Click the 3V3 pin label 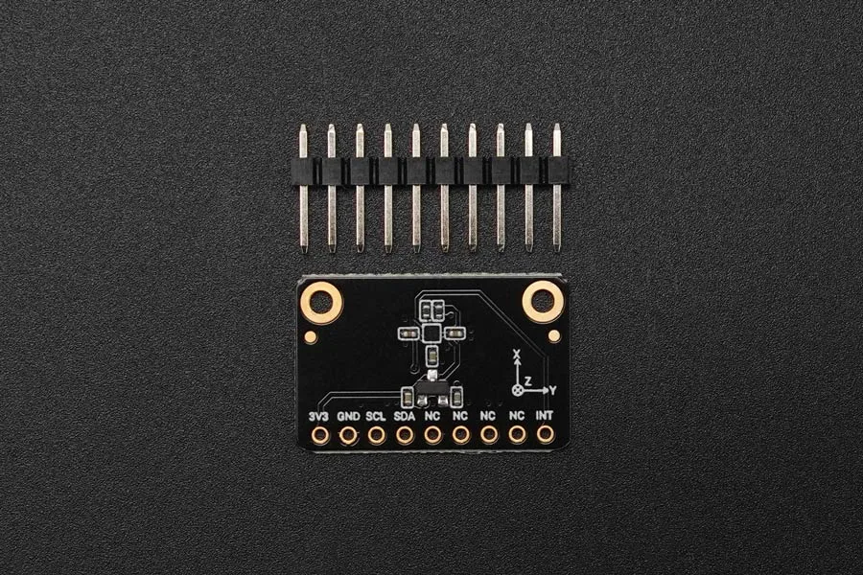pos(319,417)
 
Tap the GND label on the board pos(348,417)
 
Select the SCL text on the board pos(376,417)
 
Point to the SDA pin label pos(405,417)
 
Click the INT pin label pos(545,416)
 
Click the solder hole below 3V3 pos(319,436)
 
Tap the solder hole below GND pos(348,436)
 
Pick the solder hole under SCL pos(376,436)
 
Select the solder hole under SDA pos(405,436)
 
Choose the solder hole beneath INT pos(545,435)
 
